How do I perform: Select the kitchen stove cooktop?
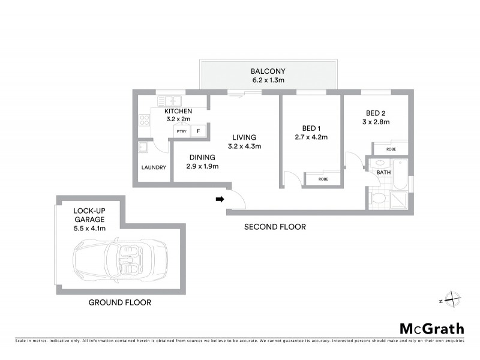tap(145, 119)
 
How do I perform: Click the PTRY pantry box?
tap(181, 131)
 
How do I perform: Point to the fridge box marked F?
tap(199, 131)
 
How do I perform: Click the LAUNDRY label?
tap(154, 167)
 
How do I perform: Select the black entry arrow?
tap(220, 199)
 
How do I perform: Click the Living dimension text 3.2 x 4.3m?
tap(244, 146)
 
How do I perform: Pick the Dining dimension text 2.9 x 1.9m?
tap(202, 166)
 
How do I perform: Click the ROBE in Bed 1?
tap(323, 179)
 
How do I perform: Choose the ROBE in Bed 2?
tap(391, 148)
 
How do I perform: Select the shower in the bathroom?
tap(398, 199)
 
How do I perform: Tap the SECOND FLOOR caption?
tap(275, 227)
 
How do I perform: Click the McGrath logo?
tap(431, 328)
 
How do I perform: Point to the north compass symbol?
tap(452, 300)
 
